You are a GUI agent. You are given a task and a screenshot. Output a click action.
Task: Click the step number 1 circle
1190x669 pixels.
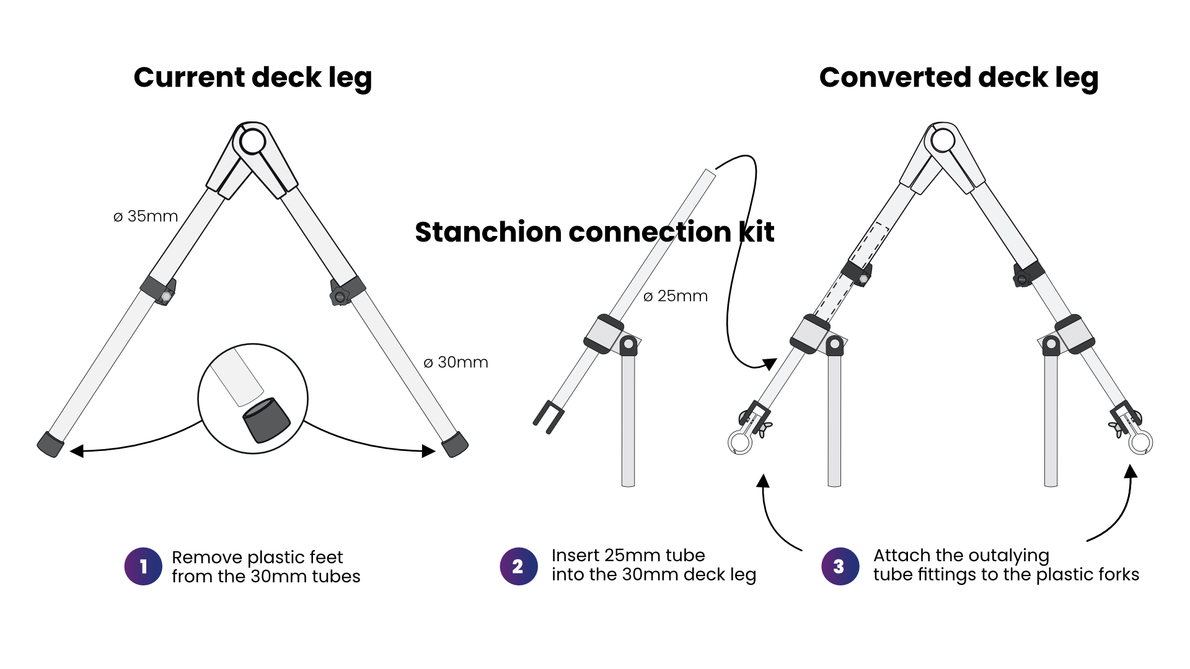[143, 566]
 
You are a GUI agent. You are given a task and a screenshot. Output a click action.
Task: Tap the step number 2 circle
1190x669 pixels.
[518, 566]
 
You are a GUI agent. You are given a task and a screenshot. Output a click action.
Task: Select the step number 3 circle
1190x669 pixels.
[840, 566]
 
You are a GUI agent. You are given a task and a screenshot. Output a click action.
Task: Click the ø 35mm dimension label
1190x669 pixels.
[146, 216]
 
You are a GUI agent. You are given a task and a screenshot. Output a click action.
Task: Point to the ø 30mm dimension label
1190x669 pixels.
[456, 362]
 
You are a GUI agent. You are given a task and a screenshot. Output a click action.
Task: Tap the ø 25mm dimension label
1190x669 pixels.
[676, 296]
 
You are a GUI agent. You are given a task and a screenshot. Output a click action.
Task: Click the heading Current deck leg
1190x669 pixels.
[252, 78]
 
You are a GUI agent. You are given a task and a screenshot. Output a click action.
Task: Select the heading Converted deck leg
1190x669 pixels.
[958, 78]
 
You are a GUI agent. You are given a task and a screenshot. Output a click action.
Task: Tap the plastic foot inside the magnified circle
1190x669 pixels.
[267, 419]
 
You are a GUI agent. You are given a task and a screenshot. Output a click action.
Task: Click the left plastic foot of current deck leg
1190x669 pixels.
[50, 444]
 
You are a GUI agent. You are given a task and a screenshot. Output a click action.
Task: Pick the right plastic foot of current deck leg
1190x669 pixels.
[455, 444]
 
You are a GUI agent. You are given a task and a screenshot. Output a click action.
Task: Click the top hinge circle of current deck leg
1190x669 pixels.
[252, 142]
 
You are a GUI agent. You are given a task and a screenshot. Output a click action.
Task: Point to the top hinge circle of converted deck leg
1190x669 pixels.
[943, 141]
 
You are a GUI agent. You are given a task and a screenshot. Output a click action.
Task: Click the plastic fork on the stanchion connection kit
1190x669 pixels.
[548, 416]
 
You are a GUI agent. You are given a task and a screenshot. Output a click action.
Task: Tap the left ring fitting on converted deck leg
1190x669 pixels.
[740, 442]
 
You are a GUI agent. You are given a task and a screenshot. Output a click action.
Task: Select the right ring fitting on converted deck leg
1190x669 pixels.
[1140, 442]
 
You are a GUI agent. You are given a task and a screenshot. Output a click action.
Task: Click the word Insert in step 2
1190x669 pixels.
[575, 556]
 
